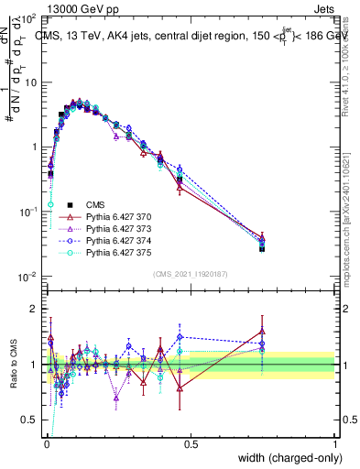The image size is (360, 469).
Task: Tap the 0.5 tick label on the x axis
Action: (x=191, y=444)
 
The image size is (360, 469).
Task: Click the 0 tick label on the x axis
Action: (x=46, y=444)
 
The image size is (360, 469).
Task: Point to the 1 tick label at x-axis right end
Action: (x=335, y=444)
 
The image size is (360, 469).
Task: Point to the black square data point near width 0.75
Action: (x=262, y=248)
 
